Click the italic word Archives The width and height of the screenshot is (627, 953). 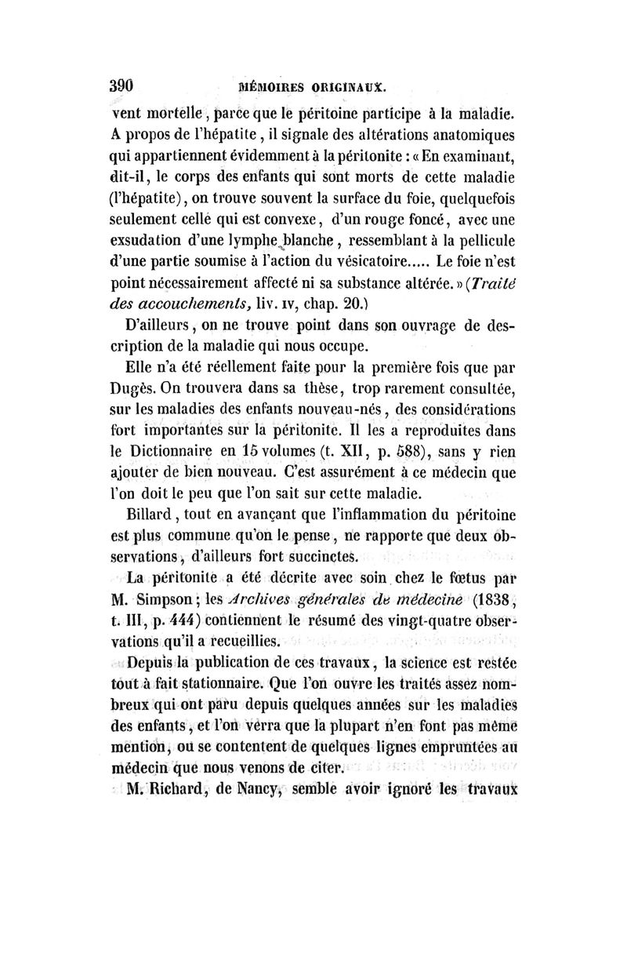point(266,602)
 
